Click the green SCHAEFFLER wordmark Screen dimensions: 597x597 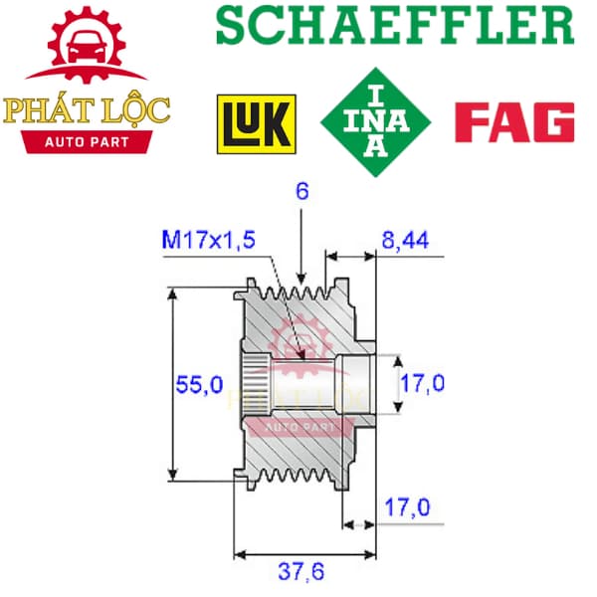395,25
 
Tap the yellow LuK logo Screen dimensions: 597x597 257,124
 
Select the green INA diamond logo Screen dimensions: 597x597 375,122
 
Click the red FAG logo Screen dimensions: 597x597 514,121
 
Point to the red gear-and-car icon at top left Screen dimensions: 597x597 87,45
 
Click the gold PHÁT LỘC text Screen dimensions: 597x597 87,111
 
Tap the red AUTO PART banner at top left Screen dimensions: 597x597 87,142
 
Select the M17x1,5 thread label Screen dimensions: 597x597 208,240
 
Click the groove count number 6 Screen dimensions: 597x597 302,191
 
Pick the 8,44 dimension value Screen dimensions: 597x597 405,240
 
